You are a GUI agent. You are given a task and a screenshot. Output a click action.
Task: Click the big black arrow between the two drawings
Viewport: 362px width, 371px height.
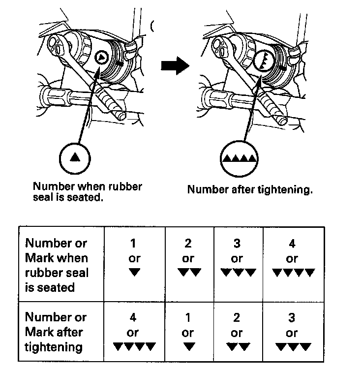point(175,65)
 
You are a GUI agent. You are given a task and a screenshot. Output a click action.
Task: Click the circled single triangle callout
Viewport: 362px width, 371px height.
point(75,157)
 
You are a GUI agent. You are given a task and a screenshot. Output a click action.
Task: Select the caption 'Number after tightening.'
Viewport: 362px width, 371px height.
point(250,190)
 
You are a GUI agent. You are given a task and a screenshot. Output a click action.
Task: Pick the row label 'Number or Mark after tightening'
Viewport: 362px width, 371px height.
point(55,332)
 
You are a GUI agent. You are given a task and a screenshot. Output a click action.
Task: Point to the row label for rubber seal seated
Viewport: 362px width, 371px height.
point(56,265)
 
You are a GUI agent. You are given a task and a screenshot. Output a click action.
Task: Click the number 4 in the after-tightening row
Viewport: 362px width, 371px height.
point(134,318)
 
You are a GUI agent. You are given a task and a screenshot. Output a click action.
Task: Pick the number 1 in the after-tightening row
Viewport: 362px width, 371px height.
point(188,318)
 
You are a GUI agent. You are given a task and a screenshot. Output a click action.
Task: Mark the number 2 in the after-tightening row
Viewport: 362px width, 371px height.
point(237,318)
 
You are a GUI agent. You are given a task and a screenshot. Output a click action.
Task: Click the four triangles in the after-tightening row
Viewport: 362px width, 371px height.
point(134,347)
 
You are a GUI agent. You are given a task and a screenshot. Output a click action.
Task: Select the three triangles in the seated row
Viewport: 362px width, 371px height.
point(238,273)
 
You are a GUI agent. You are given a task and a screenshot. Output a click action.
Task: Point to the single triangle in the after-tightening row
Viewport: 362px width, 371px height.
point(188,347)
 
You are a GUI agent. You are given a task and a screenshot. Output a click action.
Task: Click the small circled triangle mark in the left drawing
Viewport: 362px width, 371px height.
point(101,58)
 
